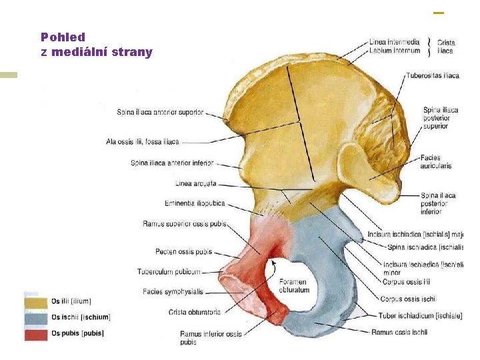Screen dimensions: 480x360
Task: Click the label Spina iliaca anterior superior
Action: [x=160, y=113]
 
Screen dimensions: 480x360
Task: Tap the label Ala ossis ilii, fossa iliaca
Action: [x=142, y=141]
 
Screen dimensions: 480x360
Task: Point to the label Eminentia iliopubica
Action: [x=195, y=203]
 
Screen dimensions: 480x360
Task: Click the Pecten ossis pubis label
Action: [x=183, y=251]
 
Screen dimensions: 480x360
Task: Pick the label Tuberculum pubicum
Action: [x=169, y=271]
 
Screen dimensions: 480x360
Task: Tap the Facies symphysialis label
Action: [x=173, y=291]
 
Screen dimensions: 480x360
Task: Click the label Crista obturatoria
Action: [x=195, y=311]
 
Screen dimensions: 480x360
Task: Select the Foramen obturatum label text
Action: [x=294, y=286]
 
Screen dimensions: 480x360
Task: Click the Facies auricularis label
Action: [x=436, y=161]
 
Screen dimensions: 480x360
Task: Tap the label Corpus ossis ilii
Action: [x=406, y=282]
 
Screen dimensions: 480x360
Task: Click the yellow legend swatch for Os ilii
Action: [x=36, y=302]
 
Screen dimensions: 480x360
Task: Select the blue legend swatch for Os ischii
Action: [x=36, y=318]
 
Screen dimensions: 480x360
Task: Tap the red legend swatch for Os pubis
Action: [x=36, y=333]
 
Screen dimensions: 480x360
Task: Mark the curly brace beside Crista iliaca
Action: [x=429, y=46]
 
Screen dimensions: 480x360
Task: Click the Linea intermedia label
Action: [x=394, y=42]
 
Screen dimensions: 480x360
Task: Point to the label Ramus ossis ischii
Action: [x=400, y=332]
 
